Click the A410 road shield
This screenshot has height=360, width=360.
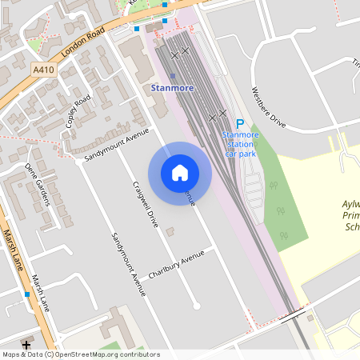click(x=45, y=70)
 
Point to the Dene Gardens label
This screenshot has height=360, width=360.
click(x=38, y=183)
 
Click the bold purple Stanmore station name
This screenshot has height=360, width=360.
click(x=171, y=87)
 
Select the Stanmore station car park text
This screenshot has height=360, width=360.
click(x=240, y=144)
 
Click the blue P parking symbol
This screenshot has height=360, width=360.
click(x=239, y=123)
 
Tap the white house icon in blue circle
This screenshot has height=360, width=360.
click(x=180, y=172)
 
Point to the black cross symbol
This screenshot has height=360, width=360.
click(x=27, y=345)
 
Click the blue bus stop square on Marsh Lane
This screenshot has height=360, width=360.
click(x=28, y=294)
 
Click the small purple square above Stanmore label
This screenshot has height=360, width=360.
click(x=172, y=76)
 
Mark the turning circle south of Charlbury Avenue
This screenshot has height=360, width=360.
click(x=196, y=306)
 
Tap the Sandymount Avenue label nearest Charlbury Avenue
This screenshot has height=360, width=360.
click(x=129, y=263)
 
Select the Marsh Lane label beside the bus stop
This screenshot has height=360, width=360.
click(x=41, y=294)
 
